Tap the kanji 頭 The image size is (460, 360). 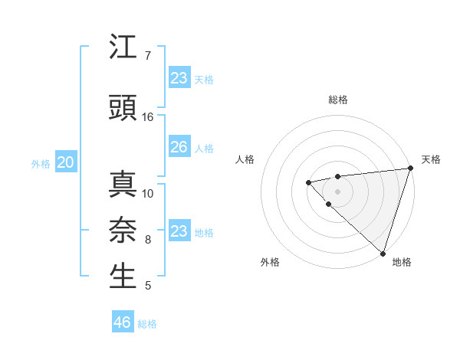coord(123,108)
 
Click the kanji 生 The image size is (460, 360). coord(123,277)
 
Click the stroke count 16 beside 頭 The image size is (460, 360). coord(148,116)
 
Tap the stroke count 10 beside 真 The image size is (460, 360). coord(148,193)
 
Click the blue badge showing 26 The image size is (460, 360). coord(179,147)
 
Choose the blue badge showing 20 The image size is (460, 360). coord(66,162)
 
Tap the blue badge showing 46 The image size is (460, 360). coord(123,322)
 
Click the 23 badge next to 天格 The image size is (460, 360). coord(179,78)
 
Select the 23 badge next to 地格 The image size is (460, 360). coord(179,231)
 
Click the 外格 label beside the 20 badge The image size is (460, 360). coord(41,164)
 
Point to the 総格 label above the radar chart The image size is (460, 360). coord(337,100)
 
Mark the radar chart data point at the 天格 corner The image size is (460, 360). coord(410,169)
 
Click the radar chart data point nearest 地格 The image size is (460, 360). coord(383,253)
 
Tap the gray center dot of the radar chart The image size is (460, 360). coord(337,191)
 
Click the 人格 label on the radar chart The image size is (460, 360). coord(245,159)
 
